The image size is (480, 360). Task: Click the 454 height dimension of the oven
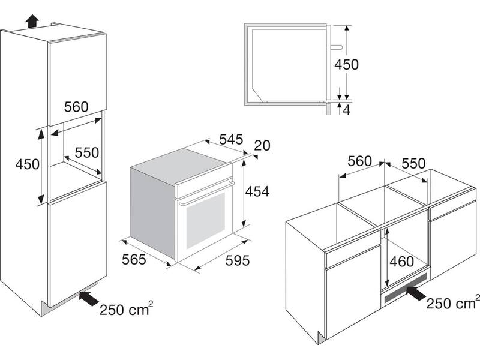click(x=257, y=191)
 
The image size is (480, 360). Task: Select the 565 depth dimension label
click(x=134, y=260)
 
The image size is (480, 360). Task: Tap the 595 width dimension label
click(x=238, y=260)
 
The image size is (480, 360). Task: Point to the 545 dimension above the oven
click(x=231, y=140)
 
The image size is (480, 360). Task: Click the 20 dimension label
click(x=262, y=146)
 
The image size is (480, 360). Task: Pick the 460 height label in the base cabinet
click(x=401, y=262)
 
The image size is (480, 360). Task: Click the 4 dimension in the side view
click(x=347, y=110)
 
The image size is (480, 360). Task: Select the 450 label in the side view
click(x=346, y=65)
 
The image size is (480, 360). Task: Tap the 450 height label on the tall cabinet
click(x=27, y=164)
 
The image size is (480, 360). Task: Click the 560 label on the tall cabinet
click(x=76, y=107)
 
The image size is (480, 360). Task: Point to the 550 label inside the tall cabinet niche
click(x=87, y=152)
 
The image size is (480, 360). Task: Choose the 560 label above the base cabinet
click(x=359, y=161)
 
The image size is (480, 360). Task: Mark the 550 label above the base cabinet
click(x=413, y=163)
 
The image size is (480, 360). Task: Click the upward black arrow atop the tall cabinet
click(x=32, y=22)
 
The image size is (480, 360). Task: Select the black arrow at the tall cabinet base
click(x=89, y=298)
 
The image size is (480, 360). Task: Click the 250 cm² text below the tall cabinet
click(x=126, y=308)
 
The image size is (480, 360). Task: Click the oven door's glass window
click(x=205, y=220)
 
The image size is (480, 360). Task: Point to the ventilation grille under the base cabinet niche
click(x=406, y=287)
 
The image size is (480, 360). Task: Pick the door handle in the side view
click(x=337, y=47)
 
